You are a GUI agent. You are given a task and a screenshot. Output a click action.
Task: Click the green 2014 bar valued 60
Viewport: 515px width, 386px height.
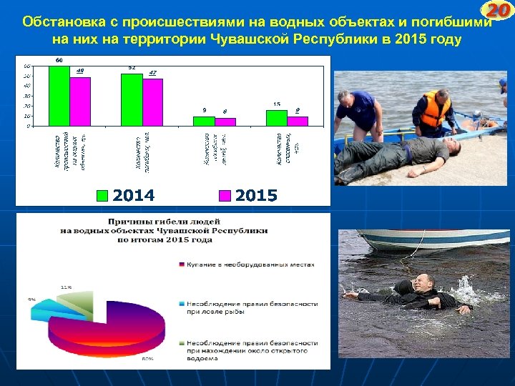click(59, 96)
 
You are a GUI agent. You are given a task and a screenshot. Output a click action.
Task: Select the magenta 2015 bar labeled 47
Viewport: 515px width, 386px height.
click(152, 102)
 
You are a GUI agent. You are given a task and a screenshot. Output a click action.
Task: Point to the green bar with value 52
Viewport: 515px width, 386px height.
click(132, 99)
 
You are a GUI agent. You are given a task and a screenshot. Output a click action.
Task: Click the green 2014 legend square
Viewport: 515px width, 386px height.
click(103, 195)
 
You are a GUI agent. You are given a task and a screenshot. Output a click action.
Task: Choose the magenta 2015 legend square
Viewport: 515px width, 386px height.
click(225, 195)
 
